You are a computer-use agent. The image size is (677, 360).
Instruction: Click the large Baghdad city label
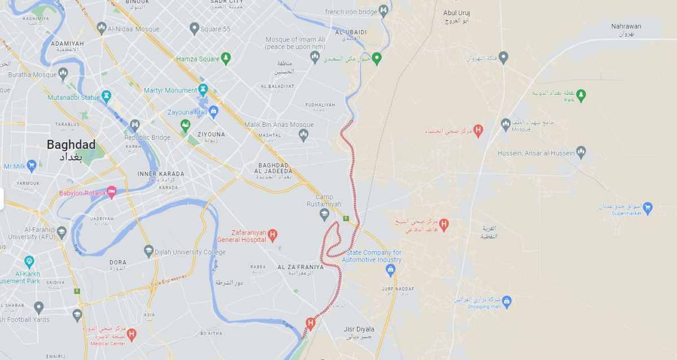(x=71, y=144)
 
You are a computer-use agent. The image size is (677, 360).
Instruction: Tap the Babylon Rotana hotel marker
(x=112, y=192)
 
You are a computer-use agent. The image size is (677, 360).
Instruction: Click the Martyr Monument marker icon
(x=203, y=90)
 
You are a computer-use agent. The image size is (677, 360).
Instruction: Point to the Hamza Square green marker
(x=226, y=58)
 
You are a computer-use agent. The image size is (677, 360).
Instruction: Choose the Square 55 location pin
(x=195, y=28)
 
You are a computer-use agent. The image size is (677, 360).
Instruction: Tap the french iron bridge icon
(x=384, y=11)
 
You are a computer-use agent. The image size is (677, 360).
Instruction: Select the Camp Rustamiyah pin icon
(x=324, y=214)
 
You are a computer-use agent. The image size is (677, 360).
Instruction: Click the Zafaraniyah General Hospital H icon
(x=272, y=235)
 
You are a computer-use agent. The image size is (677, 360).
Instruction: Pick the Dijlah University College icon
(x=148, y=251)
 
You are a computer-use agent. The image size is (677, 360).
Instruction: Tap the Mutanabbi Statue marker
(x=106, y=96)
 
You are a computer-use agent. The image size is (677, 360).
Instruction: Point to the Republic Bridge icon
(x=134, y=125)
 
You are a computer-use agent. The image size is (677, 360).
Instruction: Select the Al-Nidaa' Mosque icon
(x=102, y=27)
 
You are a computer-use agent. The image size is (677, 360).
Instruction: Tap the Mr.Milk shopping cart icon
(x=31, y=166)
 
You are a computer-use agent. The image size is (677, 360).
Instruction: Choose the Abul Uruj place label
(x=456, y=13)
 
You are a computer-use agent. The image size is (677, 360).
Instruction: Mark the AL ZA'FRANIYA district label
(x=301, y=267)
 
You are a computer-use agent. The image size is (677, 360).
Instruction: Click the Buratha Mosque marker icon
(x=63, y=74)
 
